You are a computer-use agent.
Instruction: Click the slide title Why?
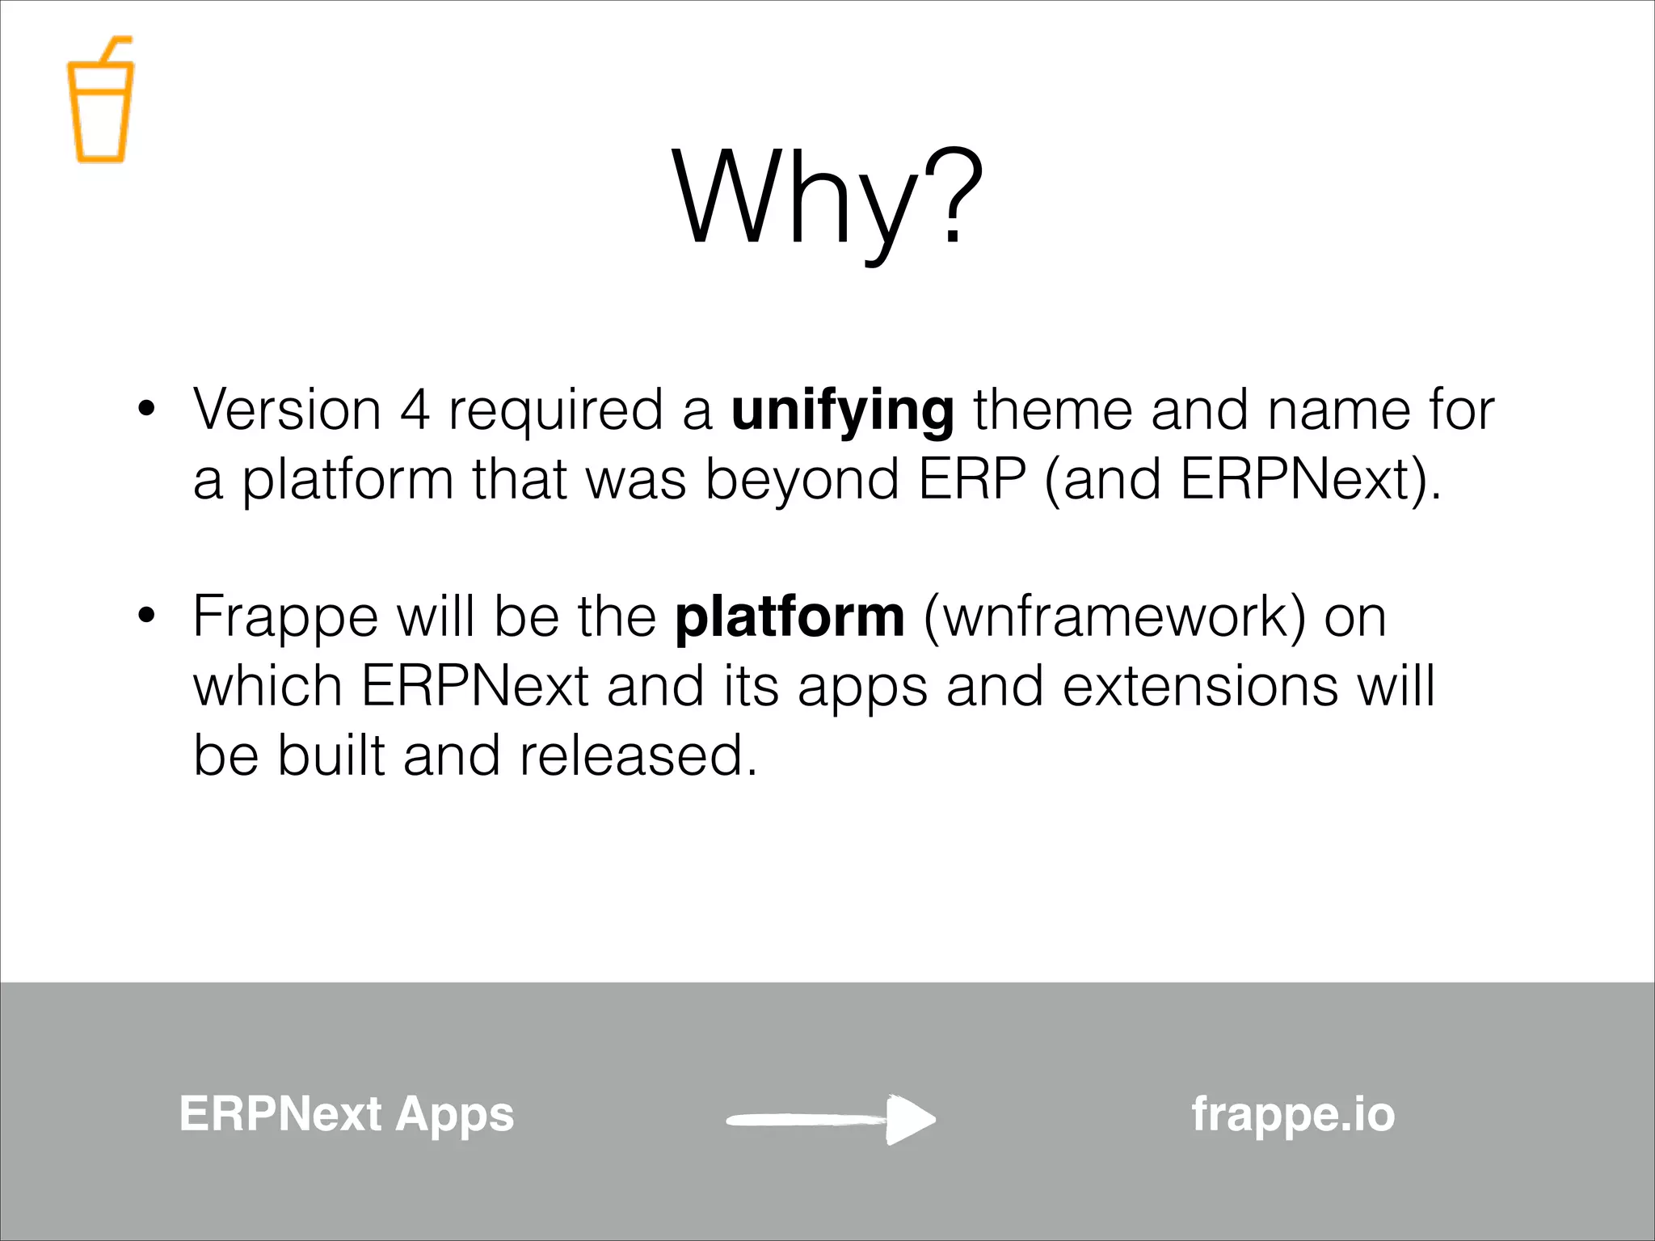point(827,198)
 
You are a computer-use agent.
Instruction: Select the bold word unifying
point(842,410)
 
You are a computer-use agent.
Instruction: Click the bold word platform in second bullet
point(790,618)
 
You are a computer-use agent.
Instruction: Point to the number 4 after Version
point(415,410)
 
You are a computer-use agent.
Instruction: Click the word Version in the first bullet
point(287,410)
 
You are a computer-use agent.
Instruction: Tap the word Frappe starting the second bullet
point(285,618)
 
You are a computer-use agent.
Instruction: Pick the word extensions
point(1200,687)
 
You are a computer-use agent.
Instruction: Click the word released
point(638,756)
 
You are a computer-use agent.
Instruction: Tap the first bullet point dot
point(145,408)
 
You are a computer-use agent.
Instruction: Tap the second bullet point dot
point(145,616)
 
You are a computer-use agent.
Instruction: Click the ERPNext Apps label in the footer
point(347,1115)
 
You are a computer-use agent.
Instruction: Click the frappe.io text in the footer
point(1293,1115)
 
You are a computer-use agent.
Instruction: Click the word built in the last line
point(331,756)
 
